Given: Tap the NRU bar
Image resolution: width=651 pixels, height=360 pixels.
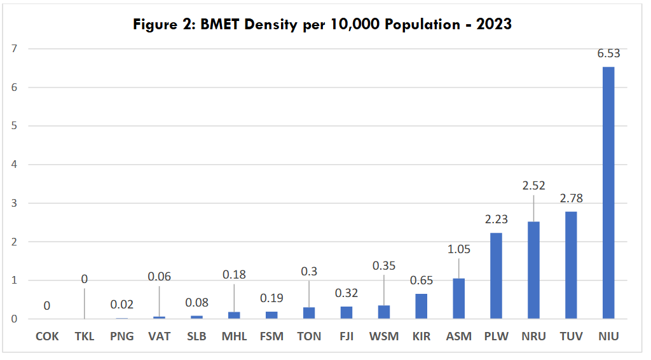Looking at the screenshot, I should [x=533, y=270].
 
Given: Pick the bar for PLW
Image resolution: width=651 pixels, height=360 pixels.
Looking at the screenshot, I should [x=496, y=276].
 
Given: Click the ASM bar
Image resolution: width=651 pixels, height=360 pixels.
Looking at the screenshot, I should [x=458, y=299].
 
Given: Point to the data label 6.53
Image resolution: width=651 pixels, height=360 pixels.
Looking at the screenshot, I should [x=608, y=53].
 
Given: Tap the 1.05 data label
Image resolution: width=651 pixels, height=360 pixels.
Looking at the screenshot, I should [x=458, y=249].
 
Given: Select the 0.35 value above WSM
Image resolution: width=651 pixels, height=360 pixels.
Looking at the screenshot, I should [x=383, y=265].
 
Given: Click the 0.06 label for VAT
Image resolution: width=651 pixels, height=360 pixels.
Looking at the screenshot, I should [x=159, y=276].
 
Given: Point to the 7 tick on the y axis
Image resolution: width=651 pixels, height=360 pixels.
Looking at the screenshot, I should [x=13, y=48].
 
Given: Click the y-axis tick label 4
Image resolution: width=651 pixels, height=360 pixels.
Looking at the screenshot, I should [x=13, y=165].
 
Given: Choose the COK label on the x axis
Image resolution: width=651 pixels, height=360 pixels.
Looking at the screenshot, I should [x=46, y=336].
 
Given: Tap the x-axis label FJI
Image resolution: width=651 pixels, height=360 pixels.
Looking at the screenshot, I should [x=346, y=336].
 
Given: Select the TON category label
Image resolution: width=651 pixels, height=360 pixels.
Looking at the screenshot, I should [x=308, y=336].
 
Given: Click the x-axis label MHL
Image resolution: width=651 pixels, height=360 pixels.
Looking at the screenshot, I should [x=234, y=336].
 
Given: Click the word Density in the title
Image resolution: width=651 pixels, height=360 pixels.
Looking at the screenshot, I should [x=259, y=25].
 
